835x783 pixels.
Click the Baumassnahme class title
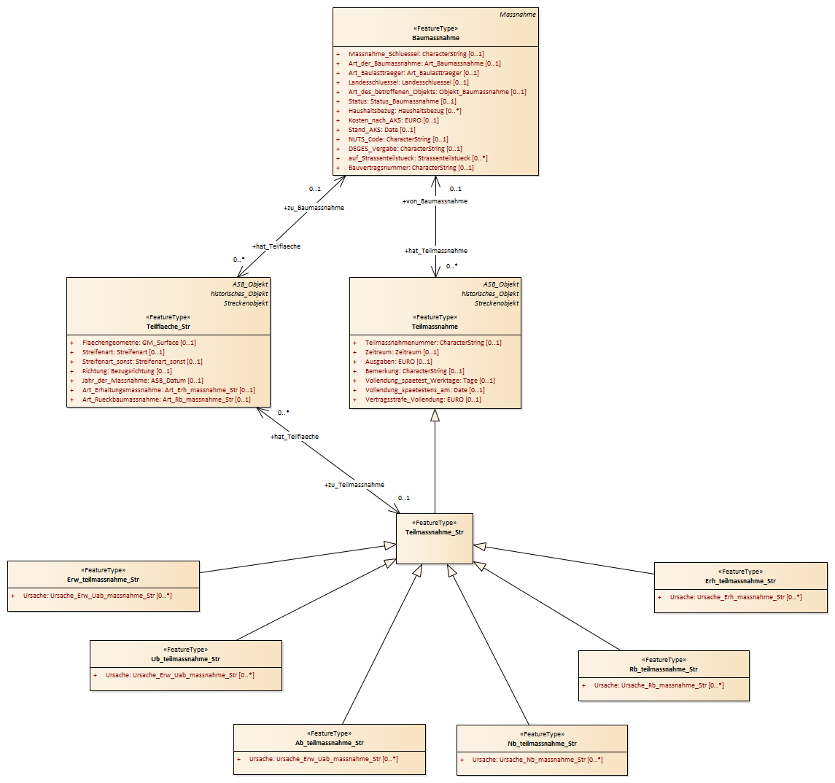435,38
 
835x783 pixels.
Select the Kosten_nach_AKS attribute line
394,120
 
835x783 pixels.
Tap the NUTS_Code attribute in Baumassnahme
398,139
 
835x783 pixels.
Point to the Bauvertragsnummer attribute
411,168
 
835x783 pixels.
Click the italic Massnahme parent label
518,15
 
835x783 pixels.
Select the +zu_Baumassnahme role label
314,208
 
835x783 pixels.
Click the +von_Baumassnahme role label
435,201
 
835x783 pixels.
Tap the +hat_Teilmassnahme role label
435,251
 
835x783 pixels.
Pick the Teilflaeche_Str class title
168,327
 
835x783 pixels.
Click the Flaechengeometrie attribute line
139,343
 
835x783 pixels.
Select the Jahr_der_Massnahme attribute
143,381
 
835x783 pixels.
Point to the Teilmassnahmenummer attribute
433,343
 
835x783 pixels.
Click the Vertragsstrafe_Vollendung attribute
423,400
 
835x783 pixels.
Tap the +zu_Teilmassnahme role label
354,485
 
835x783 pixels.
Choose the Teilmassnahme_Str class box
435,539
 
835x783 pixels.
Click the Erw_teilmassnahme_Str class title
104,580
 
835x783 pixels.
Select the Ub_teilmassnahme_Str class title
185,659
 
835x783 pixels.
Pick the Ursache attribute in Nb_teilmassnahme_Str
537,760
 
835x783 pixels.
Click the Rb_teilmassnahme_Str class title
664,669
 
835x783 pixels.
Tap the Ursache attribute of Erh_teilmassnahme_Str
736,597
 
